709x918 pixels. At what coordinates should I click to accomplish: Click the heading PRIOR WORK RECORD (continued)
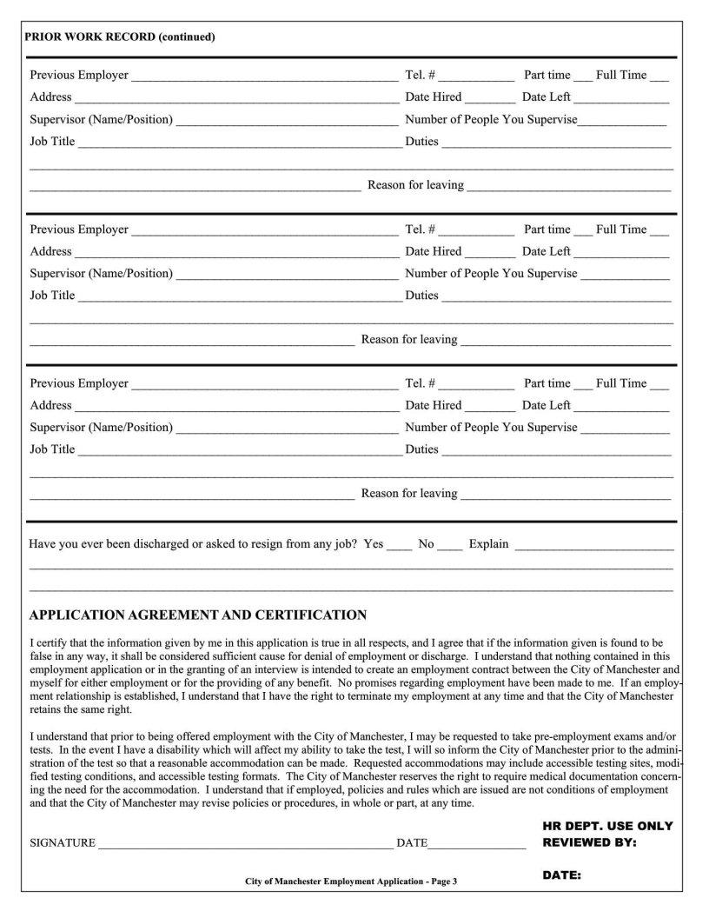pos(119,37)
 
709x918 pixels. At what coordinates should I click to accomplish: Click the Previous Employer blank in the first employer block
pos(264,76)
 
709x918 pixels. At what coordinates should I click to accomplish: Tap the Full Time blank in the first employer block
pos(659,76)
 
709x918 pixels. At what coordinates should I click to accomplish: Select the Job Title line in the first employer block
pos(240,143)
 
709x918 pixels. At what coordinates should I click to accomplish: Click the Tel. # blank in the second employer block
pos(476,231)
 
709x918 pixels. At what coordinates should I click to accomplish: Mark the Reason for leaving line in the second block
pos(566,341)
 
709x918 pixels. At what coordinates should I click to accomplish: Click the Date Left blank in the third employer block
pos(621,407)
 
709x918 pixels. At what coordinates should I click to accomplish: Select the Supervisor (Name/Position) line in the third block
pos(287,429)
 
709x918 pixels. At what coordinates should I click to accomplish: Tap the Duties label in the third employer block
pos(422,449)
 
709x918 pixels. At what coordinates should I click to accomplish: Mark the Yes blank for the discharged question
pos(400,546)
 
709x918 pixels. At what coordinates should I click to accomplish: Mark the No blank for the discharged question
pos(450,546)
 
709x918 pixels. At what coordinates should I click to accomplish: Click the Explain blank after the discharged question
pos(594,546)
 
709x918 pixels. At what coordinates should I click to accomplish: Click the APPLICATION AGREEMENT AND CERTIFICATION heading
pos(198,615)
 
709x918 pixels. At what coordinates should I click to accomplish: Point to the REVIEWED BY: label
pos(589,842)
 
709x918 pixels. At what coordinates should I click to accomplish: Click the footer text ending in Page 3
pos(350,881)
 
